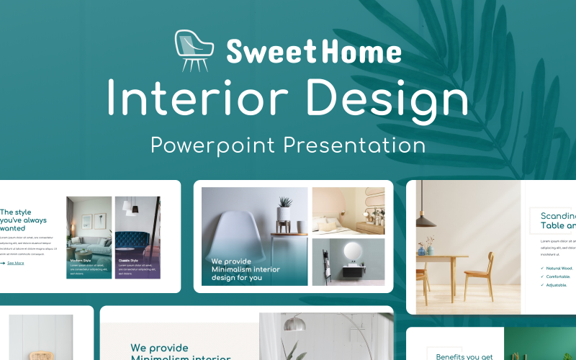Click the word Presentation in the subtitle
tap(354, 145)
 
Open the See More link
tap(15, 263)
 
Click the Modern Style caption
tap(81, 260)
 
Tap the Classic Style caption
tap(128, 260)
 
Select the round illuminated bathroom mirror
tap(354, 252)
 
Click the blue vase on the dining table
tap(423, 250)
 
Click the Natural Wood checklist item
tap(559, 268)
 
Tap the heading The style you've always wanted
tap(23, 220)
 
